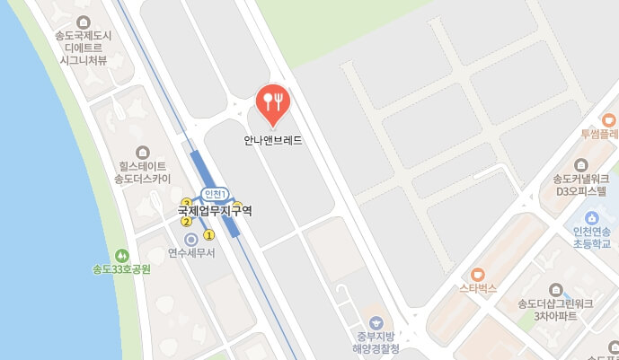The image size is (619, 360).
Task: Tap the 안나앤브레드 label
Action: pos(272,140)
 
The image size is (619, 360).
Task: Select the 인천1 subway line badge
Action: pos(214,194)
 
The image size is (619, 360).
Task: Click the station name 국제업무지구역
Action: pos(215,211)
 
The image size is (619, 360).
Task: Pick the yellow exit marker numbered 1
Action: pos(209,235)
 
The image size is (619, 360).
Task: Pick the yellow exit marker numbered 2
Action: pos(186,222)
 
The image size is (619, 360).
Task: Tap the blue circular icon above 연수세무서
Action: pos(190,240)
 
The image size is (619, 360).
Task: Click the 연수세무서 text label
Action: pos(190,254)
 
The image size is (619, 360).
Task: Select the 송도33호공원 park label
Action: pos(121,269)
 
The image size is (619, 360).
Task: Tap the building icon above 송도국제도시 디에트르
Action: pos(84,22)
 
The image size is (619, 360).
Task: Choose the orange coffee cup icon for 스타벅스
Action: pos(478,275)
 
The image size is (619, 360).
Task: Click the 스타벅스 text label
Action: pos(478,289)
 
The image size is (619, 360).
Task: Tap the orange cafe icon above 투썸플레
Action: pos(609,119)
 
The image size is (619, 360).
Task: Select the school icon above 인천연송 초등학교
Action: pos(592,217)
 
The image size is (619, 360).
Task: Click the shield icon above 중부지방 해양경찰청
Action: pos(376,322)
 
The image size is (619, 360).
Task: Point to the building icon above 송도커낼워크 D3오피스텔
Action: pos(581,164)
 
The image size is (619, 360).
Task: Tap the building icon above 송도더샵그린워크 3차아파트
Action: pos(555,290)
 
